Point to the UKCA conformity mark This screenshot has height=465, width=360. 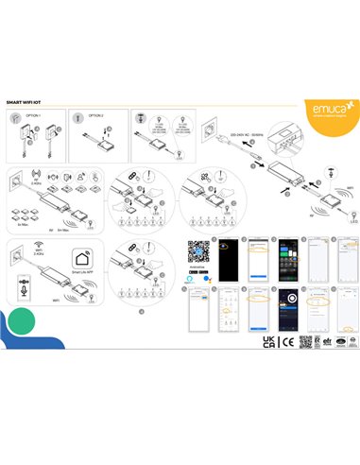269,341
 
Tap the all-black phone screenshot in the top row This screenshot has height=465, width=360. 227,265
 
